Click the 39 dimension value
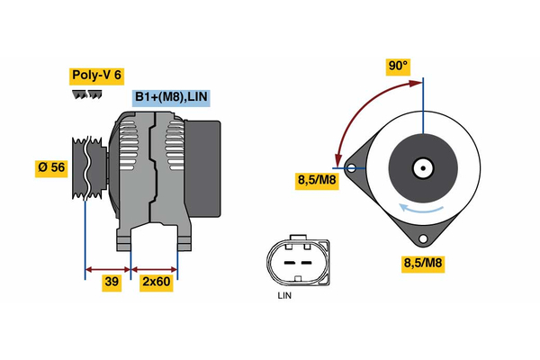click(112, 282)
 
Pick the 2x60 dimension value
click(157, 282)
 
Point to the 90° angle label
click(398, 67)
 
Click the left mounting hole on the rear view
click(352, 167)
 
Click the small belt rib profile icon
click(83, 94)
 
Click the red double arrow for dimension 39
click(108, 267)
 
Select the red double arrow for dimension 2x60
click(155, 267)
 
